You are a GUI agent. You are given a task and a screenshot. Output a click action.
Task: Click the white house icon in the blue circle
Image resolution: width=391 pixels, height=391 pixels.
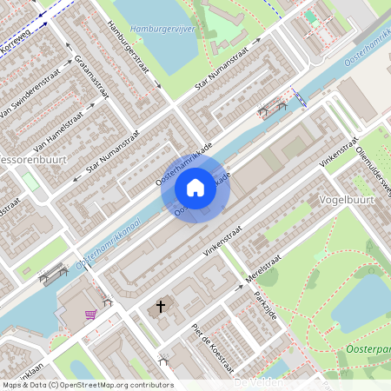tap(195, 188)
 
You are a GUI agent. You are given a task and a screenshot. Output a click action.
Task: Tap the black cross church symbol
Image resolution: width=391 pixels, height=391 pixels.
tap(160, 306)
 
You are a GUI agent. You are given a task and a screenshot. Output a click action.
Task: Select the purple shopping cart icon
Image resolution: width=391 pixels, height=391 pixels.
tap(89, 315)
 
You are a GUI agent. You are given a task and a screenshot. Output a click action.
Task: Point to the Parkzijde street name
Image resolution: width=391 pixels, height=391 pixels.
tap(265, 304)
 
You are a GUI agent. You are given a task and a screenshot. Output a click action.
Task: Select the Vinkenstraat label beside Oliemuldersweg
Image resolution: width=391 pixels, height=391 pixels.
tap(339, 151)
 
